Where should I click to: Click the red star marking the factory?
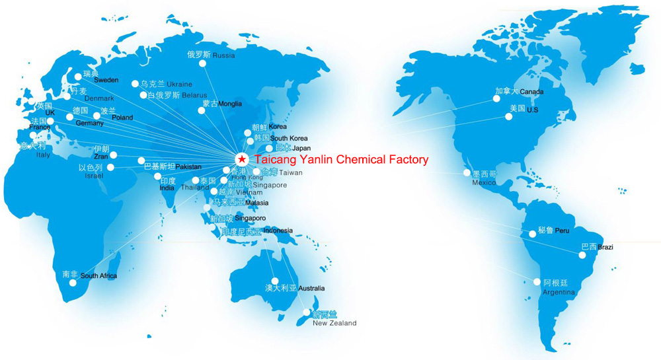243,159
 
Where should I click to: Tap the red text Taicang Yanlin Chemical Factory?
342,159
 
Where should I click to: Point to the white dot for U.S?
509,117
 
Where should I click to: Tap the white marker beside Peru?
533,233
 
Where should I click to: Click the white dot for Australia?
275,281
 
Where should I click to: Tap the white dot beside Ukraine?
136,84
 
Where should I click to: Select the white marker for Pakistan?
141,161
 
